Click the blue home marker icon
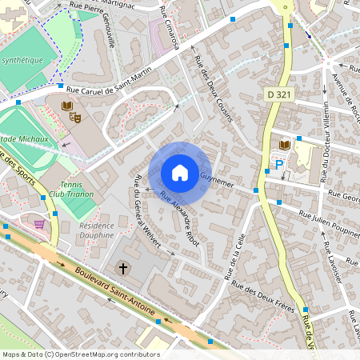tap(180, 173)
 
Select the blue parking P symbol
tap(279, 164)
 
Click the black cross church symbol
tap(124, 267)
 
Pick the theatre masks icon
tap(76, 117)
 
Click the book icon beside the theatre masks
tap(66, 106)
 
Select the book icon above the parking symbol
tap(284, 144)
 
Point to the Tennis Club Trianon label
tap(70, 189)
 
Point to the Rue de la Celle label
tap(237, 258)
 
